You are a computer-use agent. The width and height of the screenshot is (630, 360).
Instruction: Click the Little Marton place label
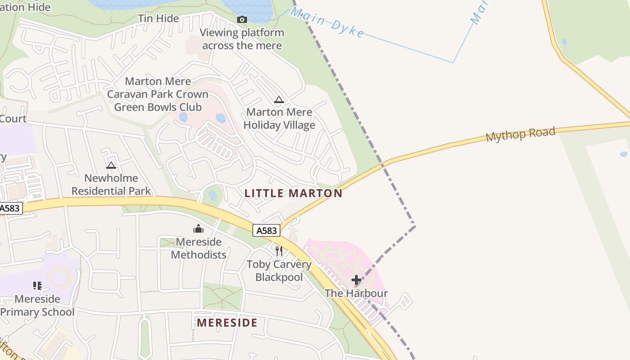293,193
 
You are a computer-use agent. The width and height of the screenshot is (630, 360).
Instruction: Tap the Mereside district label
227,323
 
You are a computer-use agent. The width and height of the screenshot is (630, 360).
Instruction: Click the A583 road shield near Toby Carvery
266,230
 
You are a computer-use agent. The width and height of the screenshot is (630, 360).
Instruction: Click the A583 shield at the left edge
10,208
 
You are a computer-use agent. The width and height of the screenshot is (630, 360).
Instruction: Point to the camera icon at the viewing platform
242,19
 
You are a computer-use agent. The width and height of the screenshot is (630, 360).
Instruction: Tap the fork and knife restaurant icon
279,251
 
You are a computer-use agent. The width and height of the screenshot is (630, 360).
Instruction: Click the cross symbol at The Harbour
356,280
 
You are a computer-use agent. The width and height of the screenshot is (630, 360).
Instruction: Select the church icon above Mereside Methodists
198,229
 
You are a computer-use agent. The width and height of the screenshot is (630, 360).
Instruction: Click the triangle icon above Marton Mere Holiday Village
279,99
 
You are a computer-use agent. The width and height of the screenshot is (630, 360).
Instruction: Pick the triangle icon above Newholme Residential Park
111,165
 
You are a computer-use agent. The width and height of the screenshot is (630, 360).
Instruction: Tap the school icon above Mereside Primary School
37,285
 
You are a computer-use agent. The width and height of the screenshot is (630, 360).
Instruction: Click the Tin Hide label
158,18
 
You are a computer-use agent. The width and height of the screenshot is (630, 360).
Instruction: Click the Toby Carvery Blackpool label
279,270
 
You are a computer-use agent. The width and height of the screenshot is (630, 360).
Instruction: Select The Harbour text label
356,293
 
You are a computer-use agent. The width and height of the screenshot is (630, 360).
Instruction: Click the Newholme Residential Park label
111,184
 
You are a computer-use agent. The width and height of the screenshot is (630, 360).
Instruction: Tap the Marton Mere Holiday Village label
279,119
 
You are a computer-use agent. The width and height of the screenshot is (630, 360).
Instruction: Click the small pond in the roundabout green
212,195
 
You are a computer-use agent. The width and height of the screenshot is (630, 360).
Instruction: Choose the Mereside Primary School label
37,306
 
